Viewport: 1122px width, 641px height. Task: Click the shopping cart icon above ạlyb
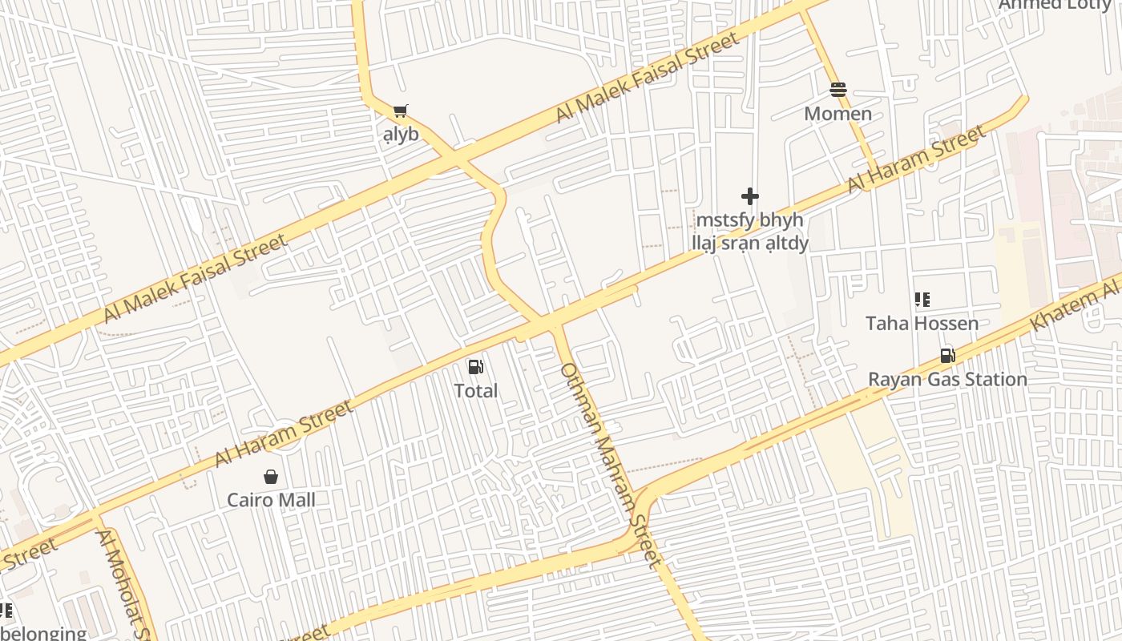tap(400, 111)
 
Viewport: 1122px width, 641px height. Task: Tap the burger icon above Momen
tap(838, 90)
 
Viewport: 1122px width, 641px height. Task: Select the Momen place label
tap(838, 114)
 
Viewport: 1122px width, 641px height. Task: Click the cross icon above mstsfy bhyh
tap(750, 196)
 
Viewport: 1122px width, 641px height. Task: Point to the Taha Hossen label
tap(922, 324)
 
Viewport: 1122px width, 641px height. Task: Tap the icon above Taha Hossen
tap(922, 300)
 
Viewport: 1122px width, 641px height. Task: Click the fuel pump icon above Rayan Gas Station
tap(947, 356)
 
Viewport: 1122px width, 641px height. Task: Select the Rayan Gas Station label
tap(947, 379)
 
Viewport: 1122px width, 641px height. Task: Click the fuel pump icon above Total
tap(476, 367)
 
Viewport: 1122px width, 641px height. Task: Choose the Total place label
tap(476, 391)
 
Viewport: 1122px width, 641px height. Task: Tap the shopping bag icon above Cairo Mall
tap(271, 477)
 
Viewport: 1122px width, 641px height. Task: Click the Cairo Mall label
tap(271, 500)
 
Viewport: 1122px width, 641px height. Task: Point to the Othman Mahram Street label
tap(611, 465)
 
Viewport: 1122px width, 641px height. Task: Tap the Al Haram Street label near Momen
tap(917, 159)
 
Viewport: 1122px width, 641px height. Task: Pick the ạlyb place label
tap(401, 134)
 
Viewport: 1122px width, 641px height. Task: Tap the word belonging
tap(43, 633)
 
